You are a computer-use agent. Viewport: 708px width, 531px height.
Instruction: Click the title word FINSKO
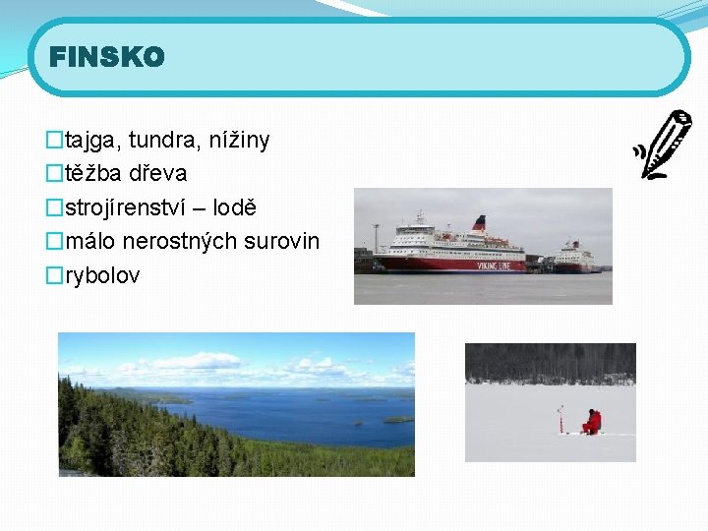click(107, 58)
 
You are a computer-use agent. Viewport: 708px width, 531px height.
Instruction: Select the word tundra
click(160, 141)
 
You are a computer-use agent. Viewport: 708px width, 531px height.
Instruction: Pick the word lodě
click(235, 207)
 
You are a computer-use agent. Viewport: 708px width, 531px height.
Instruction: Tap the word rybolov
click(102, 275)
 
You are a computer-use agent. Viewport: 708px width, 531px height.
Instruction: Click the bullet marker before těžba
click(54, 174)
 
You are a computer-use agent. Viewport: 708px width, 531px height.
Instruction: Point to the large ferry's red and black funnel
click(479, 222)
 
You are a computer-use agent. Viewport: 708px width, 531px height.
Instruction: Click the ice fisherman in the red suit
click(592, 422)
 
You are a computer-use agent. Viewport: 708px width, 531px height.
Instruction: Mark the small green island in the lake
click(398, 419)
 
